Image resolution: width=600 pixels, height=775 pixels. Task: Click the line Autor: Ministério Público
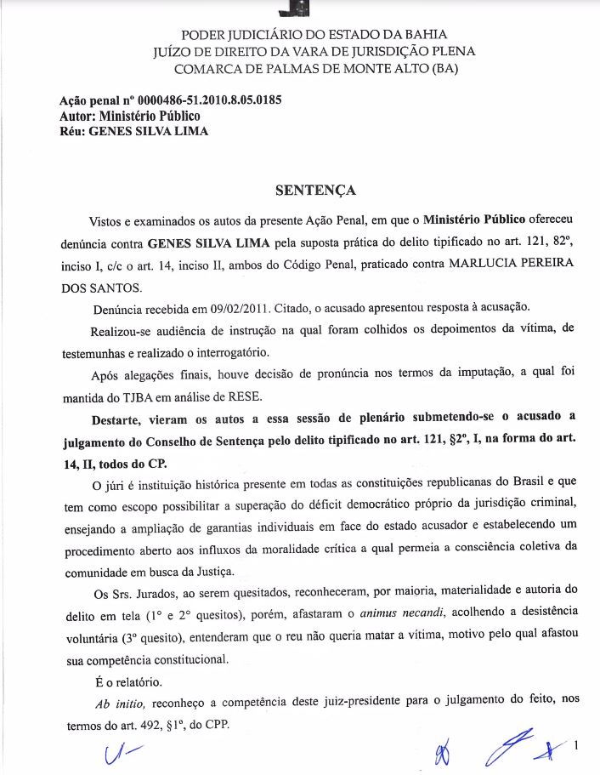[129, 116]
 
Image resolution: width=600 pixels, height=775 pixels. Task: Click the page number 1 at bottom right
[576, 747]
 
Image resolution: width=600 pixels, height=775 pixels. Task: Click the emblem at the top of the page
[298, 9]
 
